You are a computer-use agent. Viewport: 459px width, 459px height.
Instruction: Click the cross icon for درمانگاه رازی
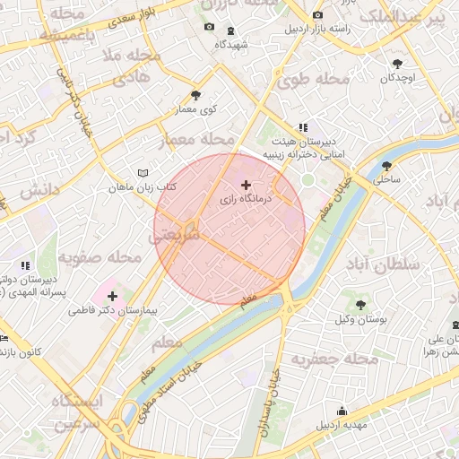pos(247,184)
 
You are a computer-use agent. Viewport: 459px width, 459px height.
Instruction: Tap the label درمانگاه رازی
pos(247,201)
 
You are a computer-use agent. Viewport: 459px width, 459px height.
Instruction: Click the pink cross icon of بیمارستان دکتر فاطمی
pos(112,296)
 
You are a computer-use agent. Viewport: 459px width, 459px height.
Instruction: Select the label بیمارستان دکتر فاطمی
pos(113,312)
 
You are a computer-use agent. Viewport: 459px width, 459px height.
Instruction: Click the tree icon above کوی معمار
pos(195,95)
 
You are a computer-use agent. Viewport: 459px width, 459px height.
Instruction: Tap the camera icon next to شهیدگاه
pos(209,27)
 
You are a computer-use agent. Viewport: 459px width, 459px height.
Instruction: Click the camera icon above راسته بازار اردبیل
pos(317,15)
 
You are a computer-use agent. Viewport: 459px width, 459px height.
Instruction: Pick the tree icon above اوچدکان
pos(397,64)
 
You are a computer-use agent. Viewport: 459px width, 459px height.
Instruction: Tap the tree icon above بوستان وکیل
pos(360,306)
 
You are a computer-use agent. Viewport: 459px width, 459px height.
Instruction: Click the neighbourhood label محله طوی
pos(312,80)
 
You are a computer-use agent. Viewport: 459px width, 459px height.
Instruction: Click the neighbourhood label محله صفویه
pos(100,257)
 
